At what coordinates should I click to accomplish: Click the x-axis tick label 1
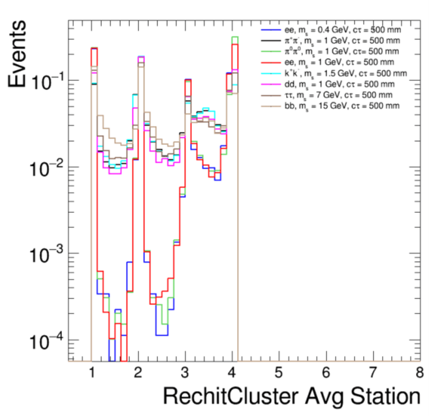91,374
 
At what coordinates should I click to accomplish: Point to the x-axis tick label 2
138,374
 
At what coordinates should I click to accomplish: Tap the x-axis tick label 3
185,374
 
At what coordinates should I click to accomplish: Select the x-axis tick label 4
232,374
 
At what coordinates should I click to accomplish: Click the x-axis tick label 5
278,374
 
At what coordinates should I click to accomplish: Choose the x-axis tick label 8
418,374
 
